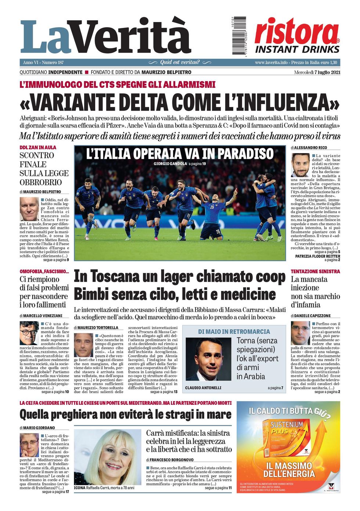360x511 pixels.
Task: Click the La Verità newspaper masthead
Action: coord(106,37)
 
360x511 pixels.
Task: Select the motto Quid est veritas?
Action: coord(180,62)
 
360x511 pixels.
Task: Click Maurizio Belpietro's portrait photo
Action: coord(29,209)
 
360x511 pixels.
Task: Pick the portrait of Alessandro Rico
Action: coord(300,165)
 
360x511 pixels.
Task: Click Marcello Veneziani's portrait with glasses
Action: coord(29,333)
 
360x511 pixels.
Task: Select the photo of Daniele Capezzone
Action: coord(300,333)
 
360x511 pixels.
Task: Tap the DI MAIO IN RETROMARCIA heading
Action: coord(234,331)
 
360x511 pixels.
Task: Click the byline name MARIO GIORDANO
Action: coord(39,428)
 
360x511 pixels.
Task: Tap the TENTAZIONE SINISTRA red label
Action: coord(315,271)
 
